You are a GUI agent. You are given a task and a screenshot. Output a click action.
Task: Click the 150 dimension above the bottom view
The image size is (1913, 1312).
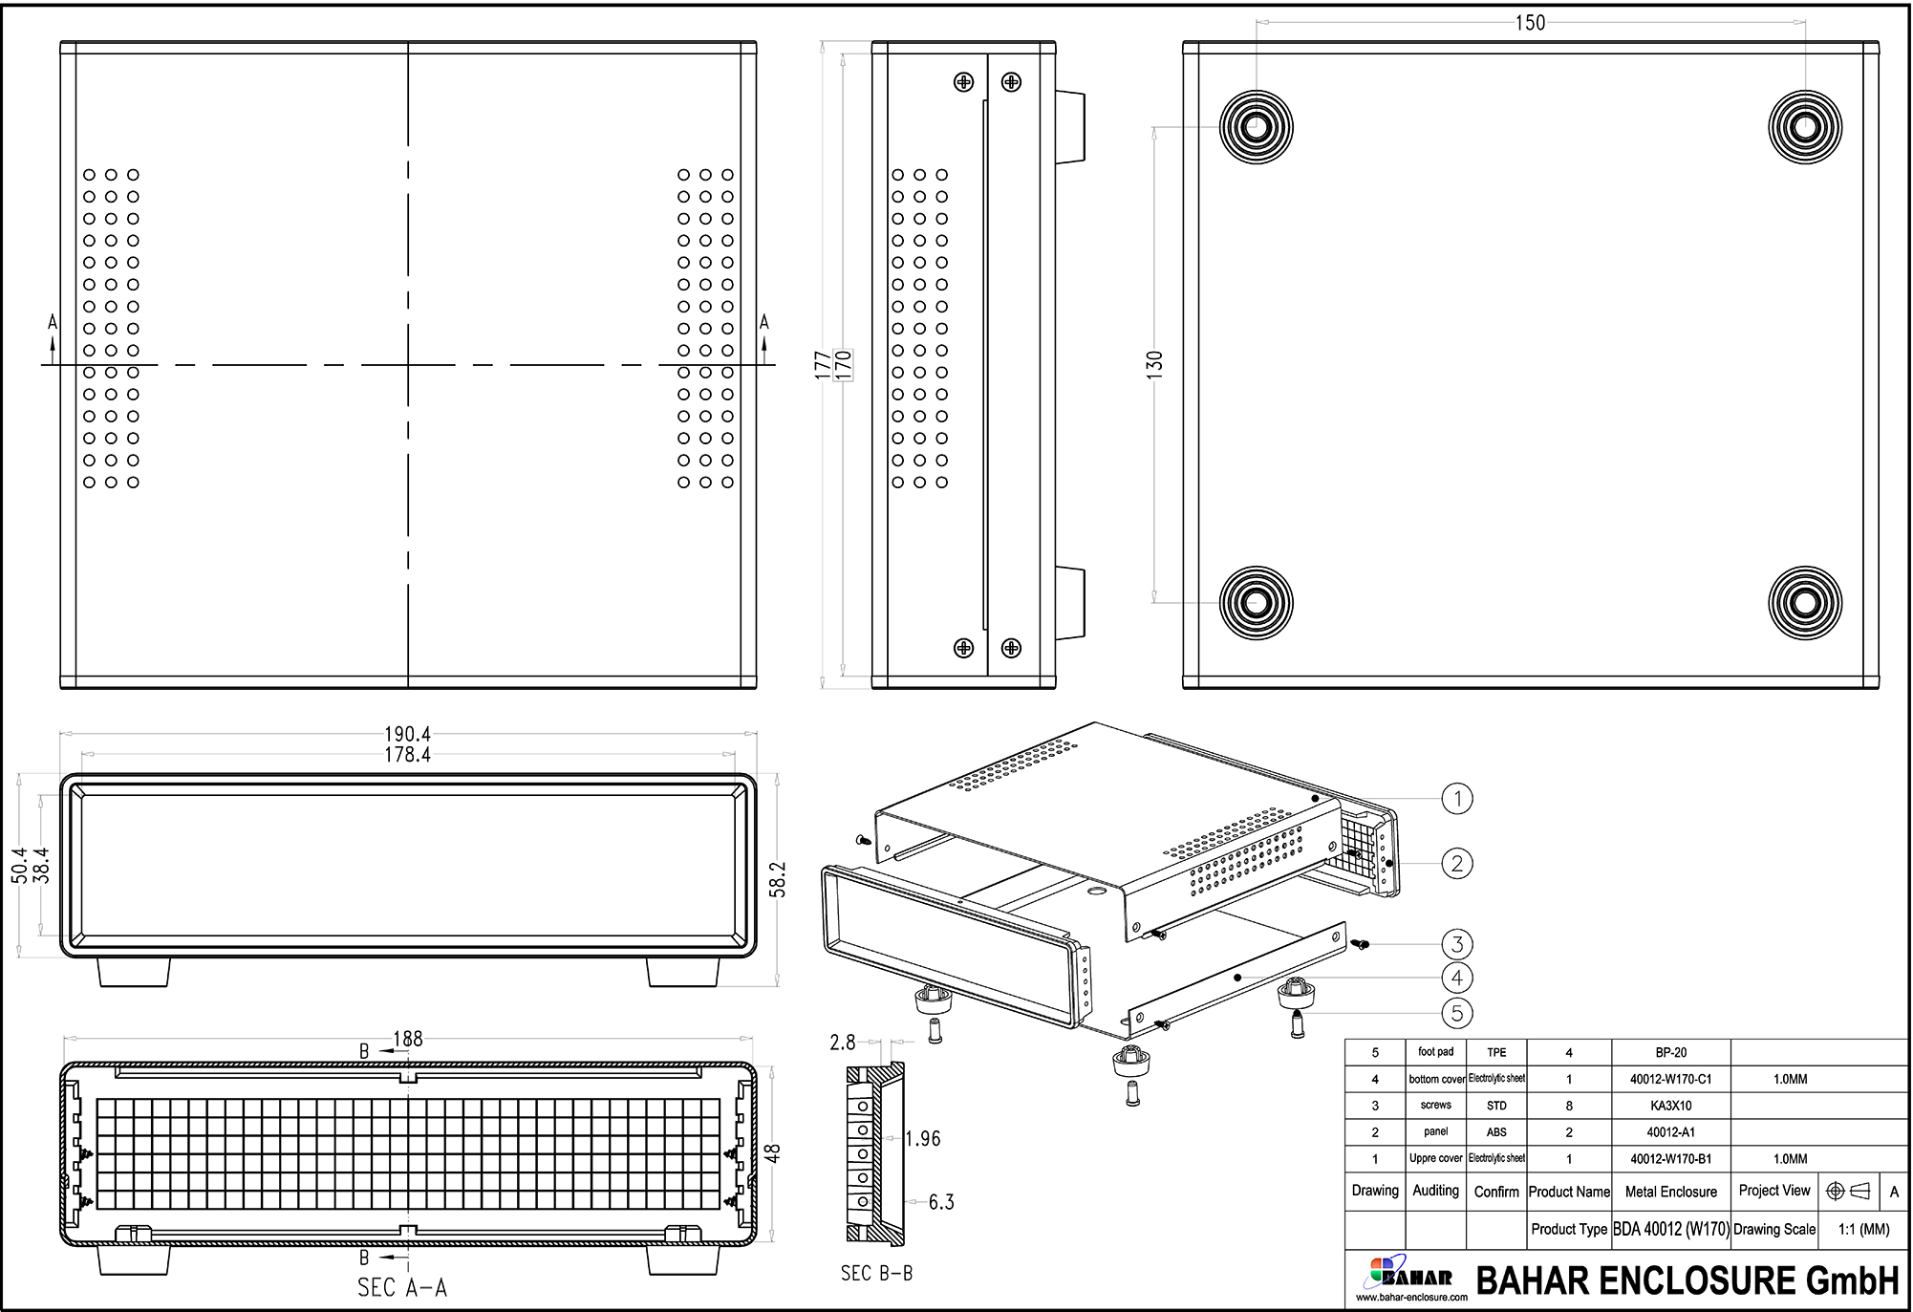pos(1530,23)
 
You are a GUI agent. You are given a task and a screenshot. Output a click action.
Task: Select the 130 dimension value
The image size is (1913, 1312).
pos(1154,364)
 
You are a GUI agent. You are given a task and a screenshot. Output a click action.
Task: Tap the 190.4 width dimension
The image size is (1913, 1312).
pos(407,734)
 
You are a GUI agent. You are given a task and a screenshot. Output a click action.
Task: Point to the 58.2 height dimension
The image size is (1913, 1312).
pos(778,879)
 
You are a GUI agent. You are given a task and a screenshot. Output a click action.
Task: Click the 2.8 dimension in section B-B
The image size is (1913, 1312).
pos(842,1043)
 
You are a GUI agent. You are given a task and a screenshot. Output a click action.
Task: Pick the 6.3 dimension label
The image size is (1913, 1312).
pos(941,1202)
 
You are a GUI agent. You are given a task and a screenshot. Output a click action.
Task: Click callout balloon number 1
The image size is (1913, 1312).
pos(1456,799)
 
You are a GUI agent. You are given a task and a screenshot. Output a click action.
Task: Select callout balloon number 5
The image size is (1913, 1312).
pos(1456,1013)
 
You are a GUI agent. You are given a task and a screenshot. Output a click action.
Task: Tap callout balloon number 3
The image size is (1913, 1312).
pos(1456,945)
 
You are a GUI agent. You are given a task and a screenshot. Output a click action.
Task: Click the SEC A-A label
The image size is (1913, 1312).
pos(401,1288)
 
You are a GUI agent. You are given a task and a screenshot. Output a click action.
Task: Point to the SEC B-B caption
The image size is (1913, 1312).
pos(876,1274)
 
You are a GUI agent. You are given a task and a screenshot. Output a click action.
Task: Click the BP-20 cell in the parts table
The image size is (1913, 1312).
pos(1670,1052)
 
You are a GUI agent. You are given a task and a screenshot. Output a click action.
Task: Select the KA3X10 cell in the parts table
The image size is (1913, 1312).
pos(1670,1106)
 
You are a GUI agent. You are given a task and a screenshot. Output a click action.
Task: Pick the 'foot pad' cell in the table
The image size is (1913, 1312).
pos(1435,1052)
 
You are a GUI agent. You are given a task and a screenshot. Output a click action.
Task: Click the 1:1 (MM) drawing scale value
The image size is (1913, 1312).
pos(1863,1230)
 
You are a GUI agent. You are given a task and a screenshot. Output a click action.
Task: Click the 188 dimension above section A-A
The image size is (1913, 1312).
pos(408,1039)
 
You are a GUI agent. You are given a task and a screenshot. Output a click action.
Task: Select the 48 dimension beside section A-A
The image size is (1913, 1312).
pos(773,1153)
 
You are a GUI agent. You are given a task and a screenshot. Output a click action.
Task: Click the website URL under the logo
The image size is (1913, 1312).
pos(1410,1298)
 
